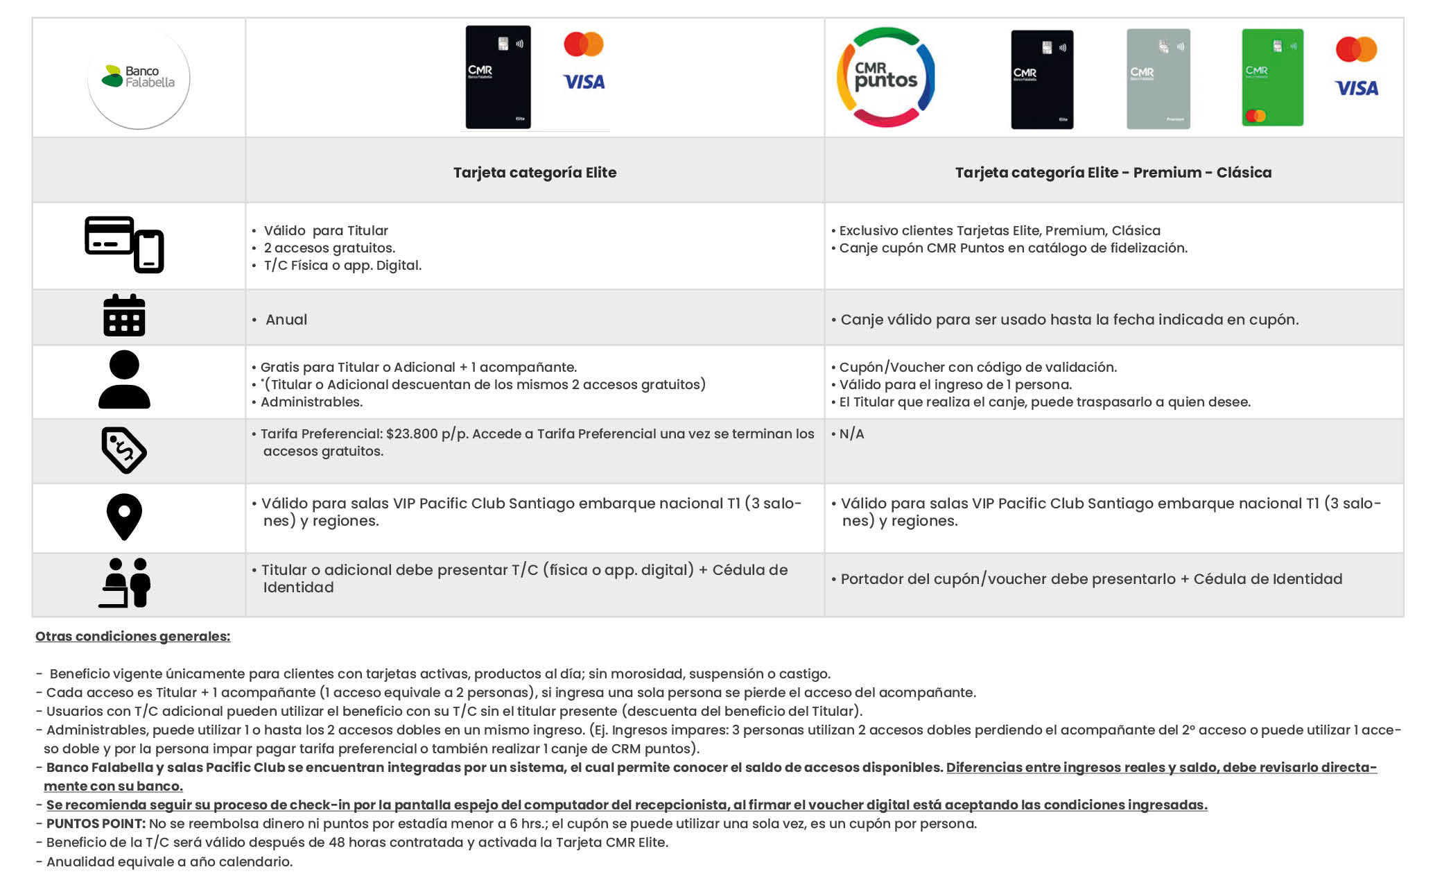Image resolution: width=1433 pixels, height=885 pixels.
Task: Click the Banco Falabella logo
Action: (139, 77)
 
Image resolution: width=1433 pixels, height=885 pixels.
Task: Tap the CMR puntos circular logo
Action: (885, 77)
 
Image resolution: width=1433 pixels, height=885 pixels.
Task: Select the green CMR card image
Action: (1272, 78)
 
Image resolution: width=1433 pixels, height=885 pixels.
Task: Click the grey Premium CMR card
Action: (1158, 79)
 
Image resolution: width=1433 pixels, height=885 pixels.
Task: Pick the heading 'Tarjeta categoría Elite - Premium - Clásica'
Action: (1113, 173)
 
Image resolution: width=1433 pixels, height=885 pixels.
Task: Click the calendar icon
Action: (124, 316)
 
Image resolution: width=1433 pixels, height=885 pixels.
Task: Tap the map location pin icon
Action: (124, 517)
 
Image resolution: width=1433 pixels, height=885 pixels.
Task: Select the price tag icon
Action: (124, 450)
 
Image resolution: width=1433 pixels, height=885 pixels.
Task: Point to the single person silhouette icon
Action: (124, 379)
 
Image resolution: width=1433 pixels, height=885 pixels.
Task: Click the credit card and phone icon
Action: (124, 245)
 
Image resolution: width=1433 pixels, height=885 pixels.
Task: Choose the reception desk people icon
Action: (124, 583)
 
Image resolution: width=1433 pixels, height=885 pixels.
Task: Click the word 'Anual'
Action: (286, 320)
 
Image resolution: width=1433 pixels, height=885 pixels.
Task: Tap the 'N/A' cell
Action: (851, 434)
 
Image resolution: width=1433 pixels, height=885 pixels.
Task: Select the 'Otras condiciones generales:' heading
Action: (132, 636)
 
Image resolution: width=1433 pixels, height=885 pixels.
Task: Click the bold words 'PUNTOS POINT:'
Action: (96, 824)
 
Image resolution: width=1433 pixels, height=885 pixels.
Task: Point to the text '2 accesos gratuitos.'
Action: (329, 248)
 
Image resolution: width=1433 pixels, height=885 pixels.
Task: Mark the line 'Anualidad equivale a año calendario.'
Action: (169, 861)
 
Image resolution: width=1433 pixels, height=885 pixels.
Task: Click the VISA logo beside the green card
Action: (1356, 88)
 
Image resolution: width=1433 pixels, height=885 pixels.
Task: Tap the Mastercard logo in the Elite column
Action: (584, 44)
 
